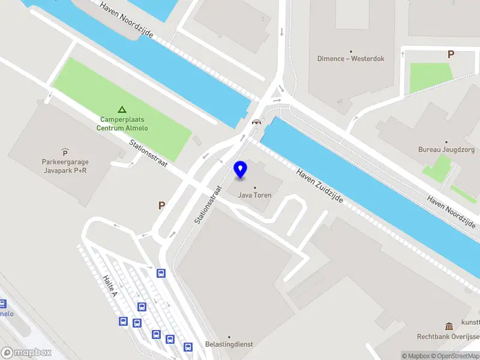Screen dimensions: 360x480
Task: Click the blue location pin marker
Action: [x=241, y=170]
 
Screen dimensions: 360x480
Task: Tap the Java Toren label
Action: [x=255, y=195]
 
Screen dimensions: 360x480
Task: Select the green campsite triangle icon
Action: [x=122, y=109]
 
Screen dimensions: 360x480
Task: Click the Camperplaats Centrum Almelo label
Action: [x=122, y=124]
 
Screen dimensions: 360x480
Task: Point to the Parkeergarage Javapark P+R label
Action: [x=65, y=166]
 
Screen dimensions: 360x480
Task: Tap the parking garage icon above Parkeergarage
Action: [x=65, y=152]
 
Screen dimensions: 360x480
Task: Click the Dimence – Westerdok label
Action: [x=350, y=59]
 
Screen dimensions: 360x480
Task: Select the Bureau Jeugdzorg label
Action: [x=446, y=149]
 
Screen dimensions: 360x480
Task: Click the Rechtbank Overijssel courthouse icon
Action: [x=449, y=326]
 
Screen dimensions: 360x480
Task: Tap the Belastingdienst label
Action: [x=229, y=344]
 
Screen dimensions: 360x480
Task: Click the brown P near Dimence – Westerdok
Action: [x=451, y=55]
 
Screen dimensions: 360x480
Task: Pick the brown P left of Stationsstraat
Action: [x=161, y=206]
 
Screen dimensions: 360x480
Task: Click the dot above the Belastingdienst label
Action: [x=229, y=337]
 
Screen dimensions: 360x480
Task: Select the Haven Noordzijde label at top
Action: [x=127, y=20]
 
